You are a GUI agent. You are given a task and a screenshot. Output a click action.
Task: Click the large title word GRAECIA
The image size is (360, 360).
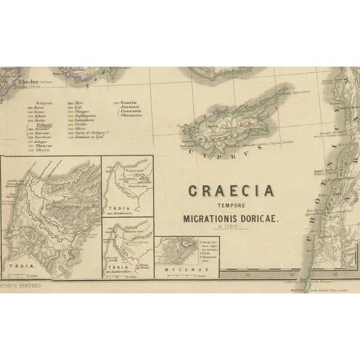click(232, 191)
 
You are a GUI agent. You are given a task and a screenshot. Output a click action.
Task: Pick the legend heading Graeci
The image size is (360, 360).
click(44, 103)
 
